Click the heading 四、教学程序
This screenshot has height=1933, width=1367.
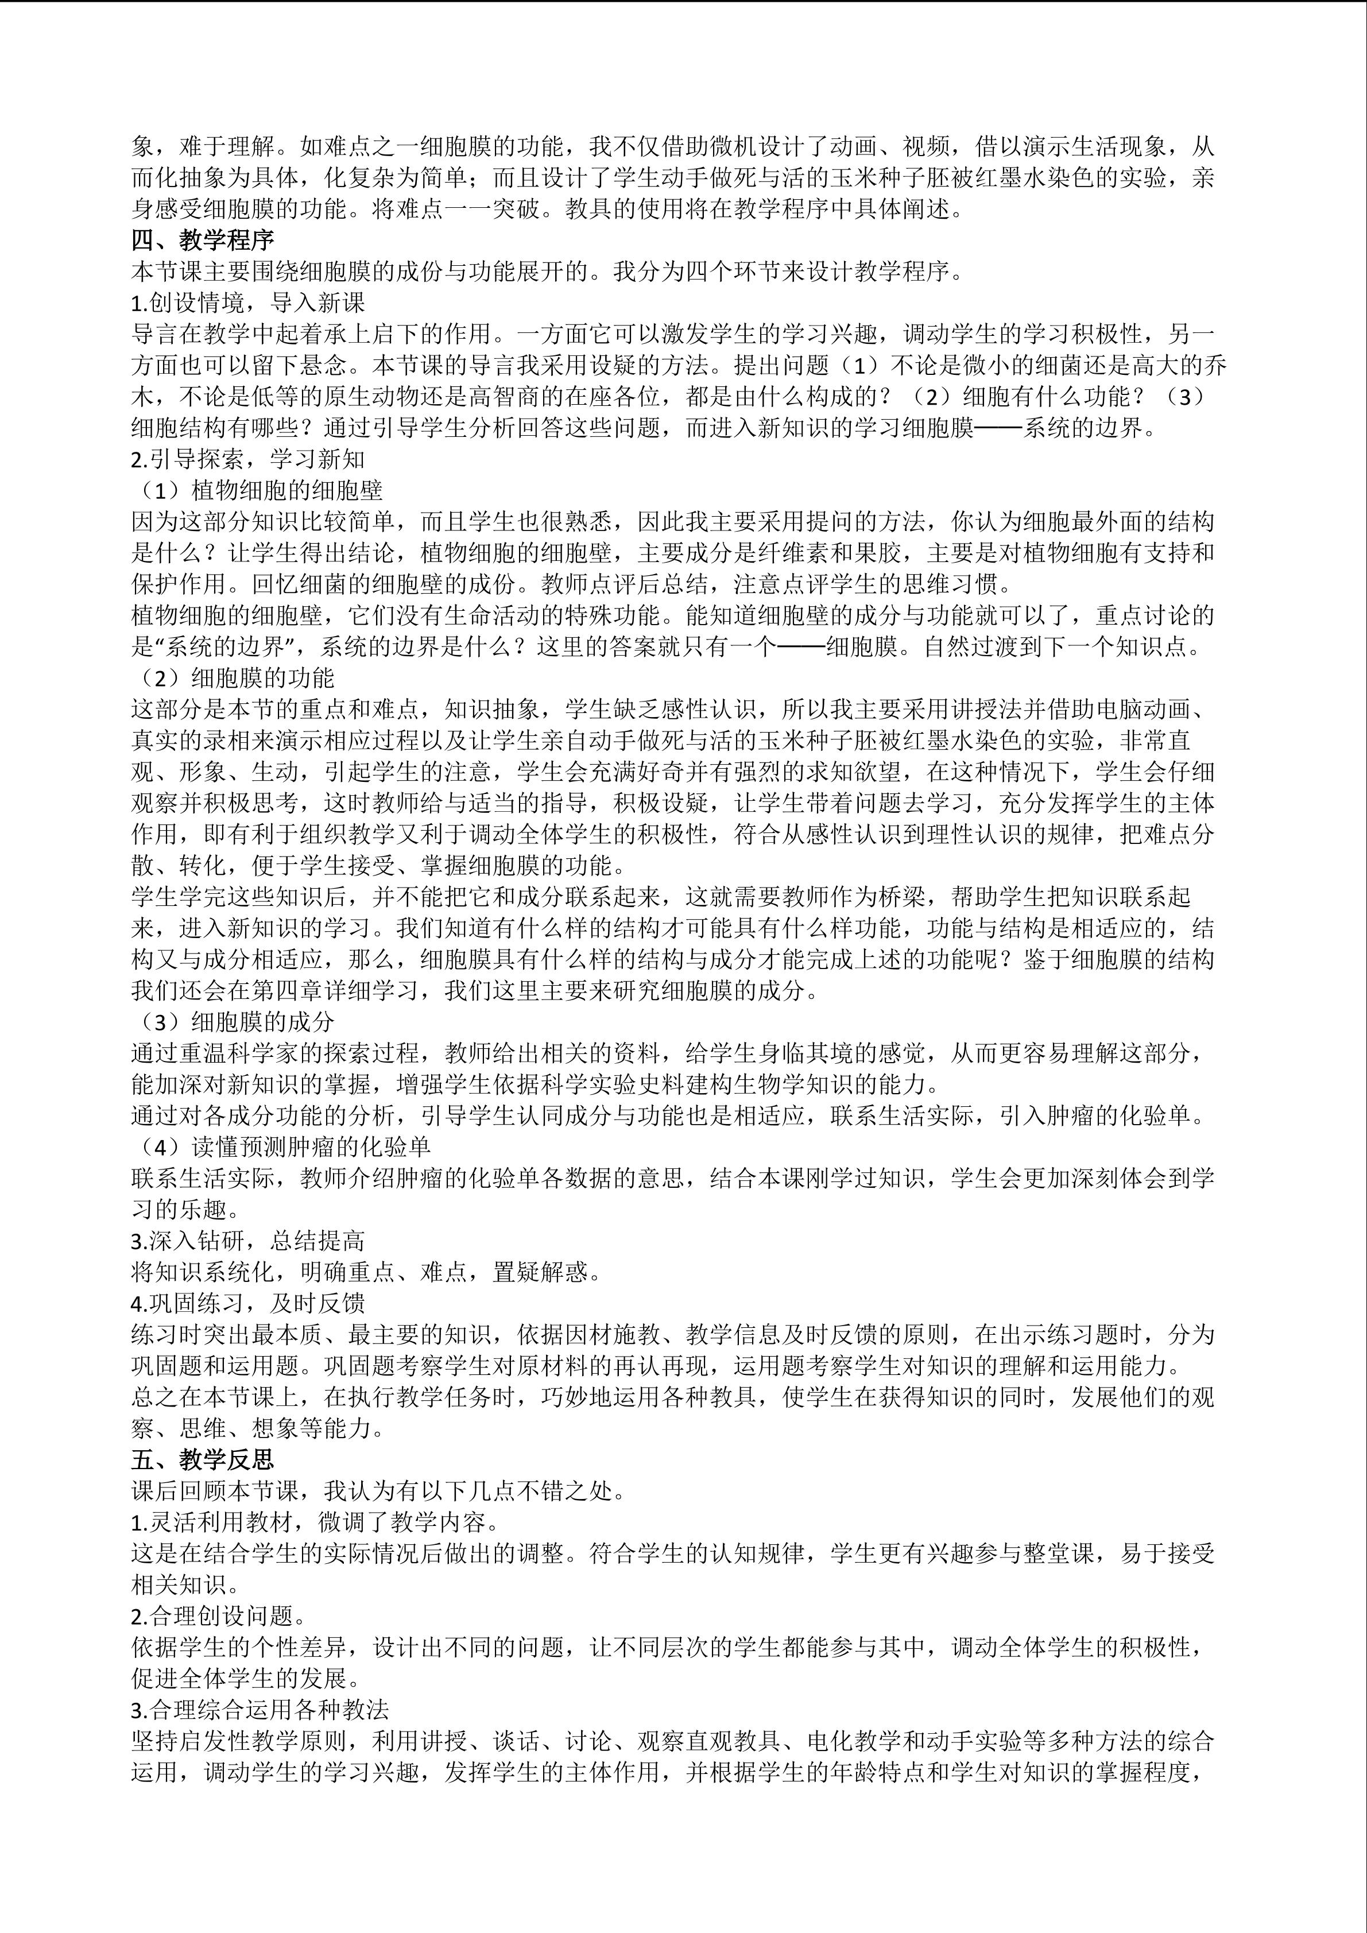click(203, 241)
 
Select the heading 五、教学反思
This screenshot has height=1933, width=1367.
click(203, 1459)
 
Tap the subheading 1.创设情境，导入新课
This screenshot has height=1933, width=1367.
click(249, 302)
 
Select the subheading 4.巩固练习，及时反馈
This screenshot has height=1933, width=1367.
click(249, 1303)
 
